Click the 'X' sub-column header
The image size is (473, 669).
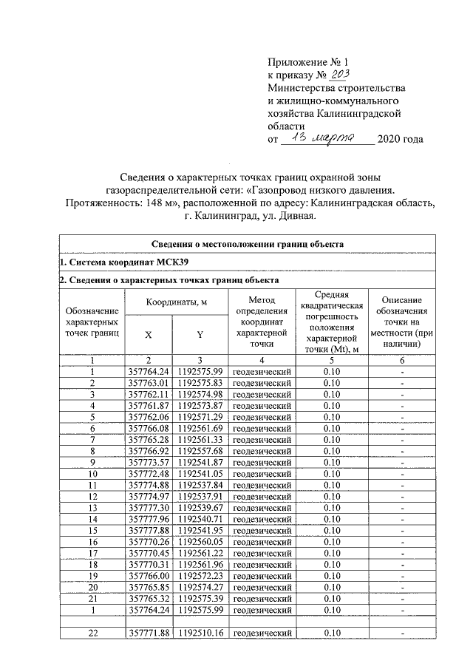click(149, 334)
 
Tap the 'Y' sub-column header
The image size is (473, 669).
click(200, 334)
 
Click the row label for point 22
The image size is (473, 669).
click(92, 633)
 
